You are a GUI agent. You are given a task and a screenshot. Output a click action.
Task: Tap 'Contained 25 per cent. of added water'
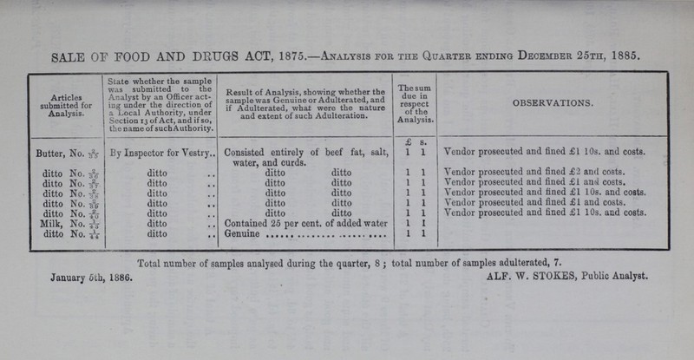click(304, 222)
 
